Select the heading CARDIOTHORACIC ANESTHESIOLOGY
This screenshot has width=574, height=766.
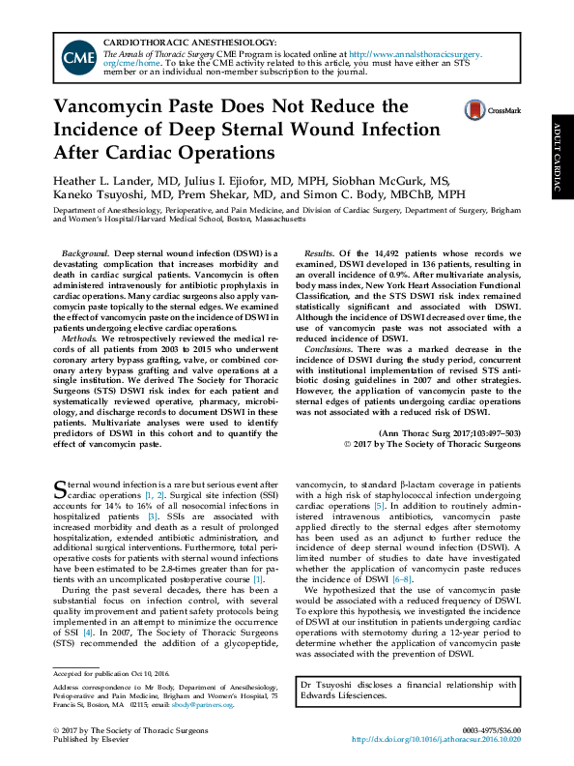point(188,42)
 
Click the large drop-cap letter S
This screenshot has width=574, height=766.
point(59,485)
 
